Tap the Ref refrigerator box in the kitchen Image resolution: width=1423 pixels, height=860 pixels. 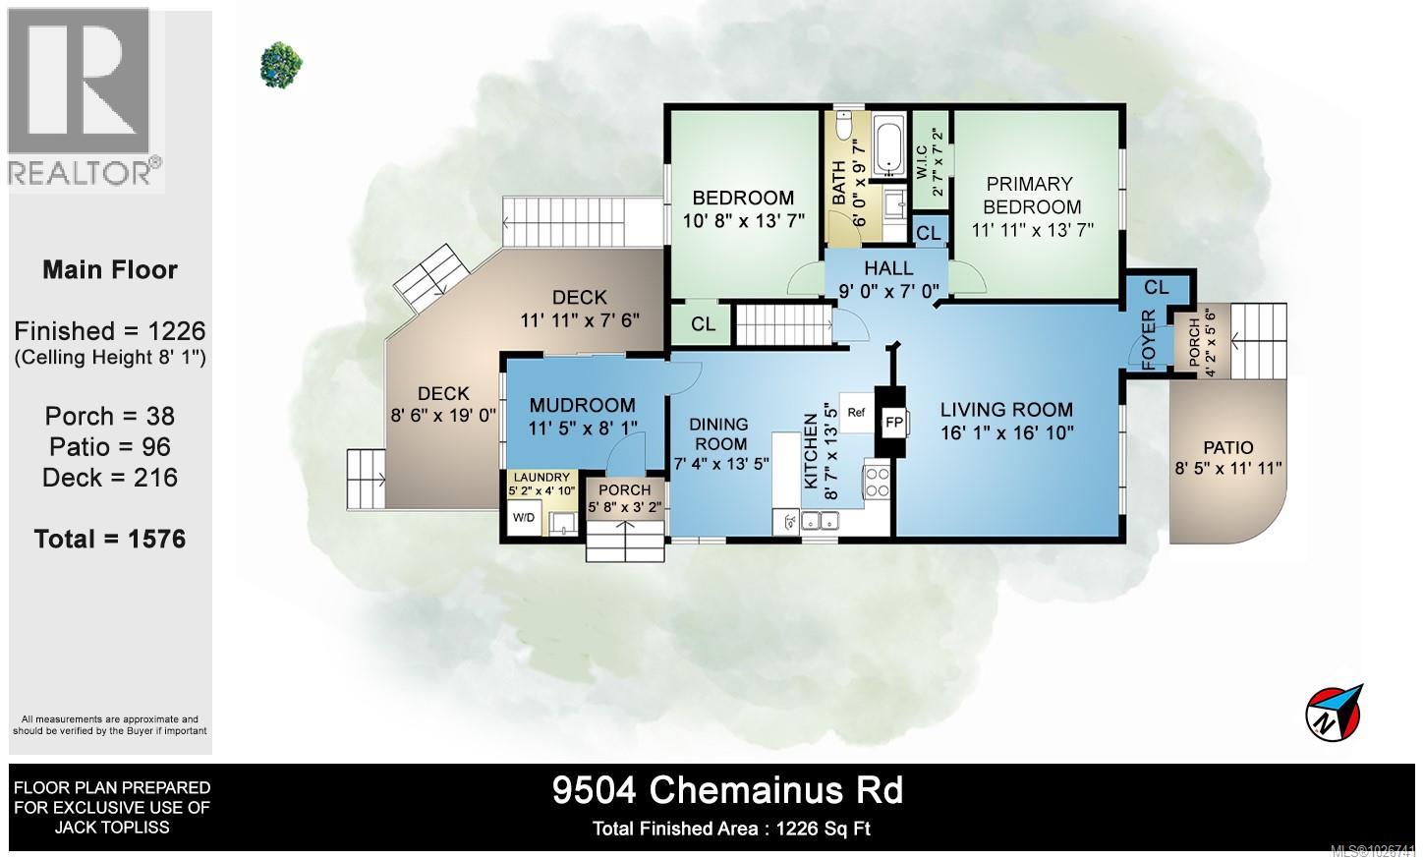click(856, 413)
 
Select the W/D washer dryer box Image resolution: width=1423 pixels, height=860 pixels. click(524, 518)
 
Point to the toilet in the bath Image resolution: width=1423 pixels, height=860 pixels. click(844, 125)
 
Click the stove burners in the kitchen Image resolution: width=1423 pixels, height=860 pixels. click(877, 482)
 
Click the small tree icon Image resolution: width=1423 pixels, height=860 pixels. click(281, 64)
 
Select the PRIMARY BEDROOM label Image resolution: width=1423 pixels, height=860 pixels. click(1032, 196)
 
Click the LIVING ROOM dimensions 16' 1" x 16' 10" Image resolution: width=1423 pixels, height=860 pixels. click(1007, 433)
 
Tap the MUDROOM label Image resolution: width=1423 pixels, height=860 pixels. click(583, 405)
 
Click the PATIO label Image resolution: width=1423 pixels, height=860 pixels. click(1228, 448)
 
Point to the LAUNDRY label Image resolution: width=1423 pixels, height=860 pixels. click(541, 477)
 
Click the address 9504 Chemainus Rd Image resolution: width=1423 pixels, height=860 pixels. click(728, 791)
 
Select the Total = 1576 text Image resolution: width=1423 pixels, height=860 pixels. click(110, 540)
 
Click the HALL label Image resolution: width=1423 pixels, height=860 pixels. click(888, 268)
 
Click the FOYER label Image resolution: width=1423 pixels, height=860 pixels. click(1149, 340)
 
